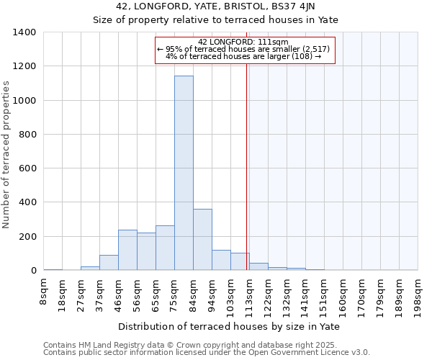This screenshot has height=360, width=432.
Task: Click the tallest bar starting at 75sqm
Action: click(x=184, y=173)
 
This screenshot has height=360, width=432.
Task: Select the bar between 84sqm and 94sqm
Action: click(x=202, y=239)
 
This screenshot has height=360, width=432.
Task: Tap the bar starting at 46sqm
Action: click(x=127, y=250)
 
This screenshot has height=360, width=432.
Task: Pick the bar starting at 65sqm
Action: click(x=165, y=248)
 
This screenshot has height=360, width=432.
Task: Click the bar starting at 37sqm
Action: click(x=109, y=263)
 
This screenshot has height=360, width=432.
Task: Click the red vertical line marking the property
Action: click(x=247, y=166)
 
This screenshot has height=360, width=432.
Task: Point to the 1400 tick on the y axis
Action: click(x=27, y=32)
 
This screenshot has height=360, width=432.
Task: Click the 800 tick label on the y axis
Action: click(x=27, y=135)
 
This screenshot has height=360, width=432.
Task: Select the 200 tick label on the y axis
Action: click(x=27, y=237)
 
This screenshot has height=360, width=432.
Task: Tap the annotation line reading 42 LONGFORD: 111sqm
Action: click(x=243, y=42)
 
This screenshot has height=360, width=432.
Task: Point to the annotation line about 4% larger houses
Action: click(x=243, y=55)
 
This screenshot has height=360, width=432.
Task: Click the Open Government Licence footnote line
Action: click(x=207, y=353)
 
